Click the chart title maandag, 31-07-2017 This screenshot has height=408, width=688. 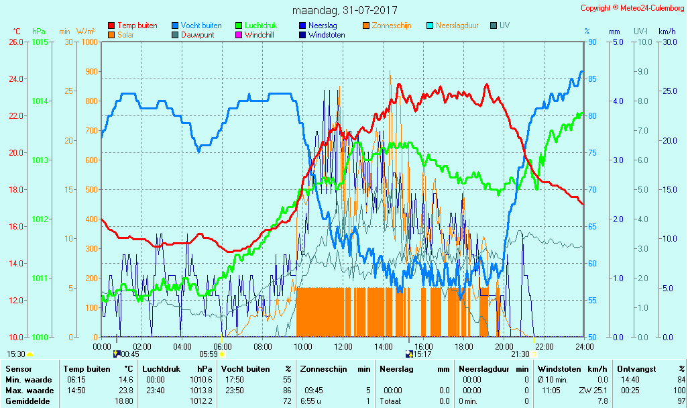point(345,11)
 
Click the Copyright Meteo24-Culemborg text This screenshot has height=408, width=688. point(632,8)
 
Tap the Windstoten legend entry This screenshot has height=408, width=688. point(327,35)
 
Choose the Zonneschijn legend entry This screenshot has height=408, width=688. point(392,25)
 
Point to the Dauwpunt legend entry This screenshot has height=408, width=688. point(199,35)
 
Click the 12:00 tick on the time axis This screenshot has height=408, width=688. point(343,346)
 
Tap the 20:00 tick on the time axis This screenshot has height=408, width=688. point(504,346)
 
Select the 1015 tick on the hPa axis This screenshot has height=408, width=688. point(40,42)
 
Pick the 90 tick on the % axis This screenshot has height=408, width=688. point(592,42)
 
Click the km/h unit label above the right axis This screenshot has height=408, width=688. point(667,32)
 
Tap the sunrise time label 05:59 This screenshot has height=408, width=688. point(209,354)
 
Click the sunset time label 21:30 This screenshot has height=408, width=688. point(520,354)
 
